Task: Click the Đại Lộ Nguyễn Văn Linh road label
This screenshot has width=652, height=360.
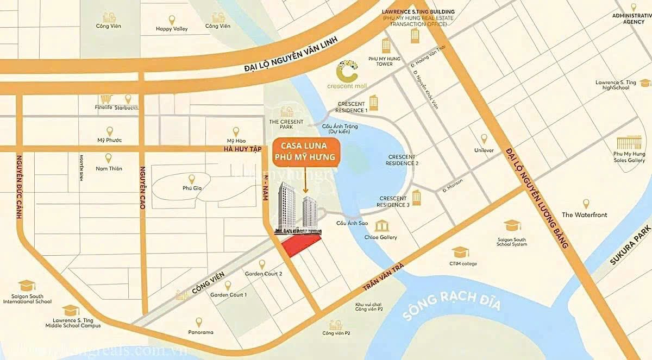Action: pos(291,54)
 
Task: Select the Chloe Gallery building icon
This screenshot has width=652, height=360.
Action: pos(381,225)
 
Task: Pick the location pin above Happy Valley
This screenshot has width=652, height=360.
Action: pos(172,20)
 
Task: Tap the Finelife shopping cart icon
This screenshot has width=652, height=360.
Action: pos(106,99)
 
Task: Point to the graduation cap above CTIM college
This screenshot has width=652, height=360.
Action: pos(460,252)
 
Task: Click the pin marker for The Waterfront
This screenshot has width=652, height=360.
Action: pos(586,204)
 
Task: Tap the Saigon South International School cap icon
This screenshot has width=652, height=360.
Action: pos(27,286)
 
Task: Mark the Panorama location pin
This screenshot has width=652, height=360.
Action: pos(199,321)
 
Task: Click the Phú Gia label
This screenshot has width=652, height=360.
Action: pos(191,188)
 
